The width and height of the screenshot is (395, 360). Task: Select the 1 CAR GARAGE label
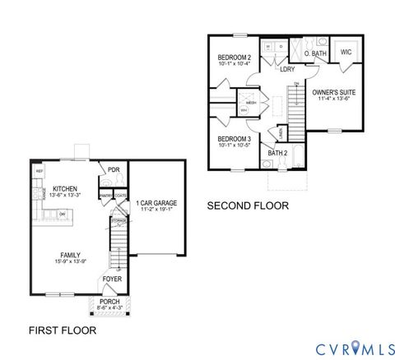coord(156,202)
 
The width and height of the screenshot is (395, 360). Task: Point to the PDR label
coord(114,170)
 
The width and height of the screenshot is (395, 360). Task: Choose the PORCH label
coord(109,302)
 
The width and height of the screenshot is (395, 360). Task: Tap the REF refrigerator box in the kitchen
coord(39,171)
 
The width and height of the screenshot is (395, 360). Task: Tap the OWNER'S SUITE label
coord(332,94)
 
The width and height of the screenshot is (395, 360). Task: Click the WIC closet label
coord(346,51)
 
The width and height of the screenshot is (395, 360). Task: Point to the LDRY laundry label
coord(286,69)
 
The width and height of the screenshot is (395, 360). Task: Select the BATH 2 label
coord(277,153)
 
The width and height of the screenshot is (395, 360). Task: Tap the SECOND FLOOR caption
coord(247,205)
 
